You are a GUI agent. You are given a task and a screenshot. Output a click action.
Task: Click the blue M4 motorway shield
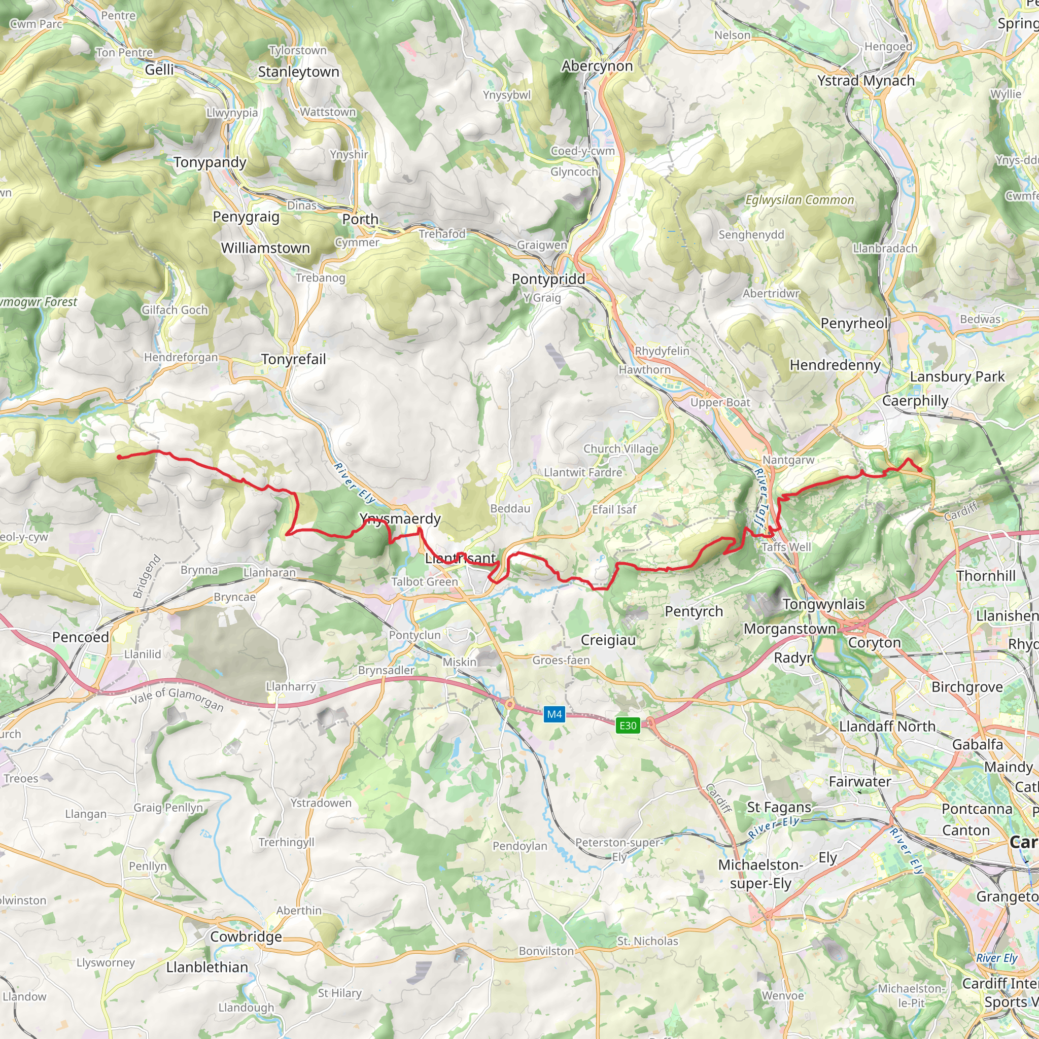tap(554, 714)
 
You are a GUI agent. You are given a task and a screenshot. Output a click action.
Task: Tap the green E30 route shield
tap(628, 725)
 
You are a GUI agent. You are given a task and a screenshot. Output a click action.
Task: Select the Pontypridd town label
tap(548, 279)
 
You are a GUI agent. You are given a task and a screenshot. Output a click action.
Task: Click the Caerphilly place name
tap(915, 401)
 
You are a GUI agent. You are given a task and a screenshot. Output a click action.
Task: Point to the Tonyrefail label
tap(294, 359)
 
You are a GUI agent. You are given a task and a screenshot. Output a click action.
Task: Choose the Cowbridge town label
tap(246, 937)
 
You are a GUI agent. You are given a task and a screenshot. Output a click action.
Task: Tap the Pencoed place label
tap(81, 637)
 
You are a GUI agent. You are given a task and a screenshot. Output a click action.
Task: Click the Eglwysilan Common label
tap(799, 200)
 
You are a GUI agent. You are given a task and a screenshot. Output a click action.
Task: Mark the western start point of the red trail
tap(119, 457)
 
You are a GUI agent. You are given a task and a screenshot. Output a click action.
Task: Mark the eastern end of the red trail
tap(920, 470)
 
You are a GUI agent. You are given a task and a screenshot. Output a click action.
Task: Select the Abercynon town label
tap(597, 66)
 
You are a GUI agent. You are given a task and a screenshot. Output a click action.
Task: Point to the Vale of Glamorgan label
tap(177, 699)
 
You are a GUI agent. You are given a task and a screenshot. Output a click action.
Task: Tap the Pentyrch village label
tap(694, 611)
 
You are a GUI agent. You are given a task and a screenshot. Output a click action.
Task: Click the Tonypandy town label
tap(210, 162)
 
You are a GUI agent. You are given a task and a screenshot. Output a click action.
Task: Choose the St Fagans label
tap(779, 807)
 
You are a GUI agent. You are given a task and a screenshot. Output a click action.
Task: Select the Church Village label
tap(620, 448)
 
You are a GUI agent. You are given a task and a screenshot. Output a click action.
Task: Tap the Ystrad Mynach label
tap(866, 81)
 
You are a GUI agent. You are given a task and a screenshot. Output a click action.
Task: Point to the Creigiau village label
tap(608, 640)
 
